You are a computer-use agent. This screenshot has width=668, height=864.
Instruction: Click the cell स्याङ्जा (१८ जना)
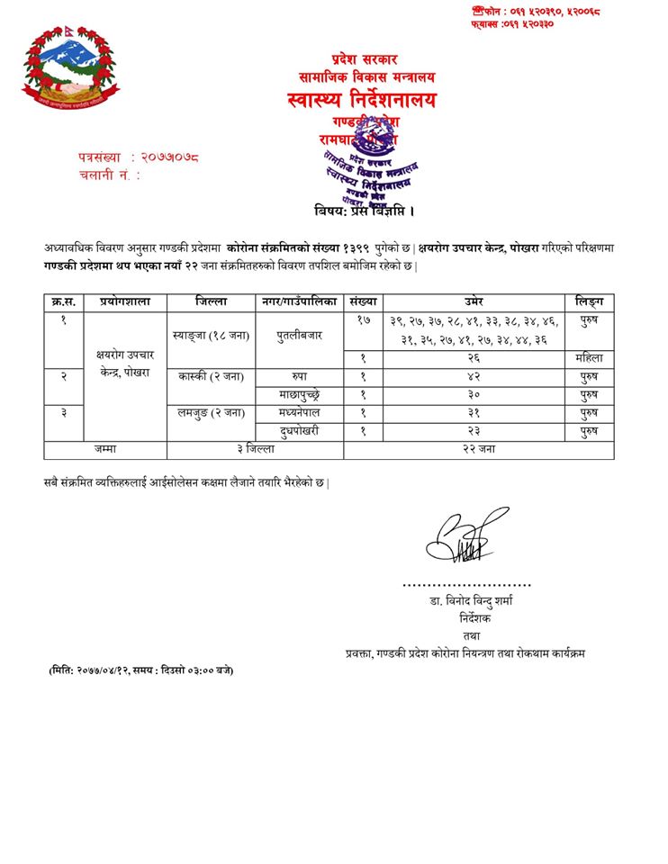pos(211,335)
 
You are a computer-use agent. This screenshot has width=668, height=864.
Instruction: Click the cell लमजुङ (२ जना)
pos(211,412)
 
